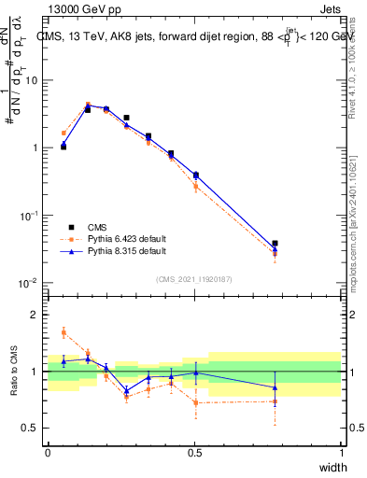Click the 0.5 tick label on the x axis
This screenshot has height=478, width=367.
point(194,452)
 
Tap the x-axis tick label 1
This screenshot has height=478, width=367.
point(341,452)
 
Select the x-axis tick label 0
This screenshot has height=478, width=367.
point(48,452)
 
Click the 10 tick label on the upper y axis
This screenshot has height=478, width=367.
point(32,80)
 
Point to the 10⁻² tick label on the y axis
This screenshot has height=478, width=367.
point(29,283)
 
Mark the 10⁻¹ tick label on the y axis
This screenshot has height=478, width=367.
point(29,216)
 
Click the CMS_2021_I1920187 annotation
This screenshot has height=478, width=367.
point(194,278)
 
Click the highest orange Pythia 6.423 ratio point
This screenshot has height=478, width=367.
point(64,331)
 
